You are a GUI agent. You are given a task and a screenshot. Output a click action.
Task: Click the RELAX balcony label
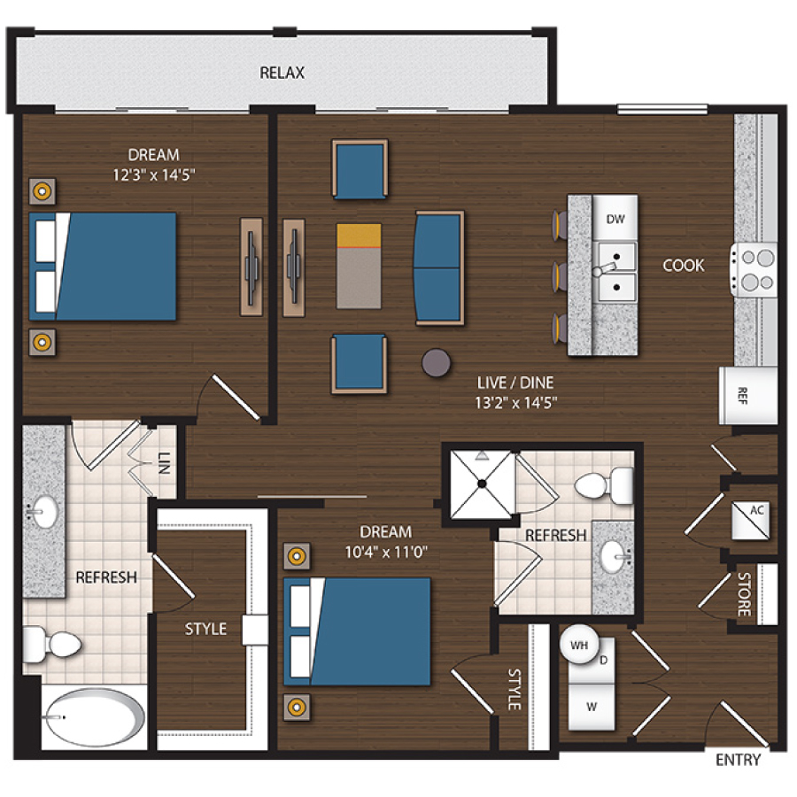[282, 73]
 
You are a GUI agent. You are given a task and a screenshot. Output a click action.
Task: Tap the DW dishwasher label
[615, 219]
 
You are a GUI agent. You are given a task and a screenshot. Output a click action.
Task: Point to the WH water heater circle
[579, 646]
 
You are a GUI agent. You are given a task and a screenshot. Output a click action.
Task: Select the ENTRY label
[737, 760]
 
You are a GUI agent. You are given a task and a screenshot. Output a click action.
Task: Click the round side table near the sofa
[435, 360]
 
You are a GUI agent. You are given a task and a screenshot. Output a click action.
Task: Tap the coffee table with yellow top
[359, 265]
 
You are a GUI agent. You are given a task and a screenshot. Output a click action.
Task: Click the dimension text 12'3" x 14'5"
[149, 174]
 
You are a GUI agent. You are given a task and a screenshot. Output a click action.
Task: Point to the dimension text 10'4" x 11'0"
[385, 552]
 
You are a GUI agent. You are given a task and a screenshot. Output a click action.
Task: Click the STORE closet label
[744, 595]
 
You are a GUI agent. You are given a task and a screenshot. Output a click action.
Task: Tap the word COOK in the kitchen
[683, 265]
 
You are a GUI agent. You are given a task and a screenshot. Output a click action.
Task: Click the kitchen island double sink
[615, 273]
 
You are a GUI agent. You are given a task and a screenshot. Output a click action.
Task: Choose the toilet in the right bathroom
[605, 484]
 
